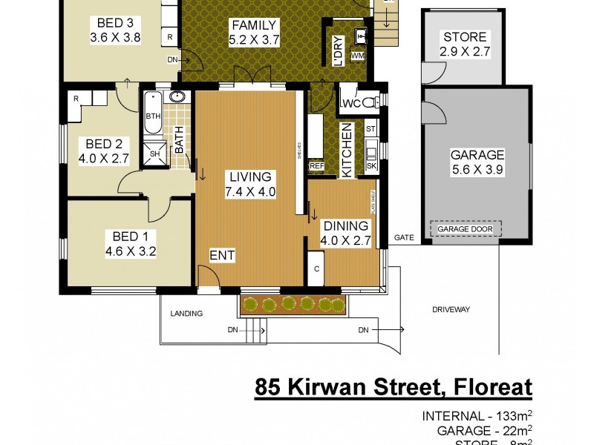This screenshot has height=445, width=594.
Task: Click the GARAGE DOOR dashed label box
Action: (466, 229)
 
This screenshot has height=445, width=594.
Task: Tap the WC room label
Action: (351, 104)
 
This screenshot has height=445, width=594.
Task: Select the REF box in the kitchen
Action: (316, 166)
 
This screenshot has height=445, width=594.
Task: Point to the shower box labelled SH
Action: (155, 154)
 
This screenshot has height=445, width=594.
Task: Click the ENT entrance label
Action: (222, 256)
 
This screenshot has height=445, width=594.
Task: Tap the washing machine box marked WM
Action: (358, 56)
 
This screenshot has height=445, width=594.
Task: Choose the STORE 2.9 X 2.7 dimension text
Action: (465, 52)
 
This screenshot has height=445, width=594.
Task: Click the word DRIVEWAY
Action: (451, 309)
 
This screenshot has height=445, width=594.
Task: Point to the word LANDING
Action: (186, 314)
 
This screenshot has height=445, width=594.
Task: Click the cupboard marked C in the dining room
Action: (316, 269)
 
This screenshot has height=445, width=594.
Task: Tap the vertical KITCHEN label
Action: (345, 151)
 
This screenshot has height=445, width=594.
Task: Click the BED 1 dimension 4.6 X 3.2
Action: (130, 251)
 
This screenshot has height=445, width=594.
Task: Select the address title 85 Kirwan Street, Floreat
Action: (394, 387)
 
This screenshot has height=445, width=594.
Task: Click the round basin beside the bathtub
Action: (177, 96)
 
